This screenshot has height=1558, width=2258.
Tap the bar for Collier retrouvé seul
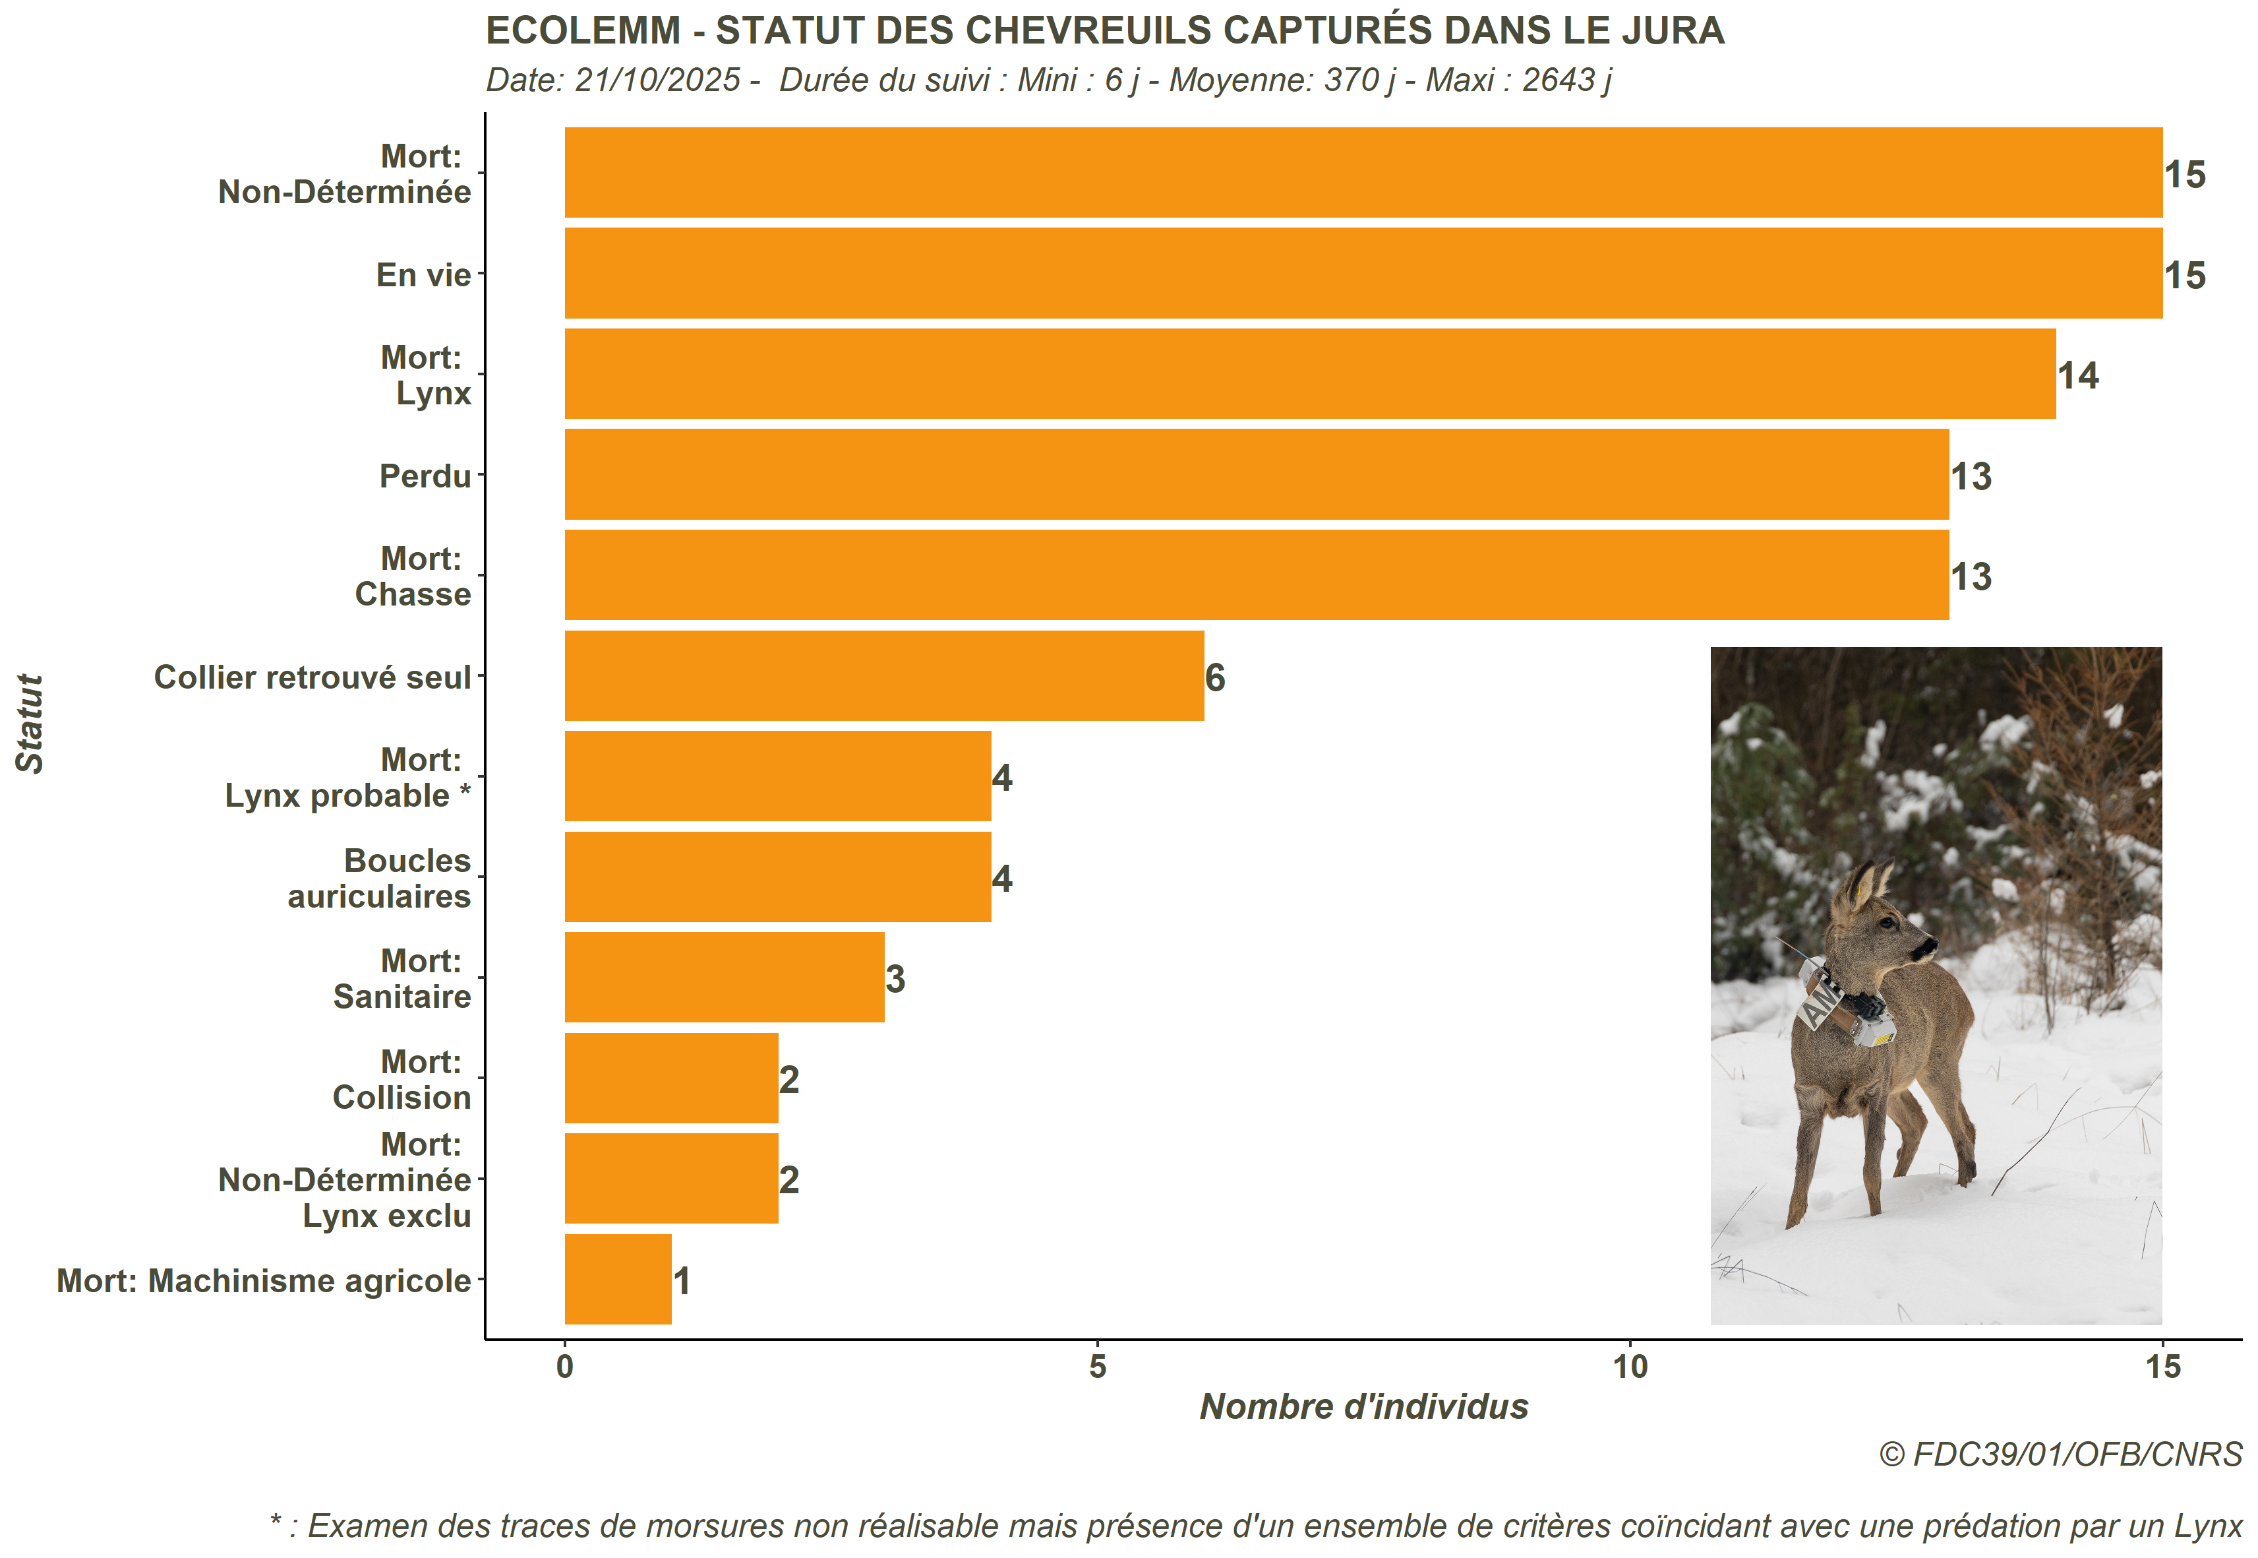click(883, 675)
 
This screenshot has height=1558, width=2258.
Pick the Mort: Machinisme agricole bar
click(618, 1279)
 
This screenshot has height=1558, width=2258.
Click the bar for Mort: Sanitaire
click(724, 977)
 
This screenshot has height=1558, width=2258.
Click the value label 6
click(1215, 677)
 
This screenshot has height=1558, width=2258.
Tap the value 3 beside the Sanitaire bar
click(895, 979)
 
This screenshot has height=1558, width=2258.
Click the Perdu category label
click(425, 476)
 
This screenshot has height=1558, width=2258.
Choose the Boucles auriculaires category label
click(380, 879)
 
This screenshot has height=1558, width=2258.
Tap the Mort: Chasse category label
click(413, 576)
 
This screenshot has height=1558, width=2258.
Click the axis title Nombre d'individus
click(1363, 1407)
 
